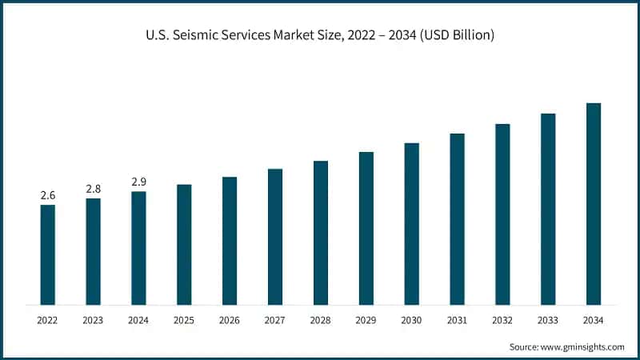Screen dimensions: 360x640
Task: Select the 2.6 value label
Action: [48, 195]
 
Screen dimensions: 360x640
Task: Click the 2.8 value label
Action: [94, 189]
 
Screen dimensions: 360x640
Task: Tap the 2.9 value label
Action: [139, 182]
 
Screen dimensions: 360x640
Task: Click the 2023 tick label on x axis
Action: [94, 320]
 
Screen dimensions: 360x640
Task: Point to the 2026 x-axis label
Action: [230, 320]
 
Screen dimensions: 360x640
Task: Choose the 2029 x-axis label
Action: [366, 320]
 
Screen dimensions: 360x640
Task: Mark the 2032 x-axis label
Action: [502, 320]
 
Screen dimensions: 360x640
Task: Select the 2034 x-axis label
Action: [594, 320]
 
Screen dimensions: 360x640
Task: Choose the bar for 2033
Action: [548, 209]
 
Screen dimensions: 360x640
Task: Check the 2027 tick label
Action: [275, 320]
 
